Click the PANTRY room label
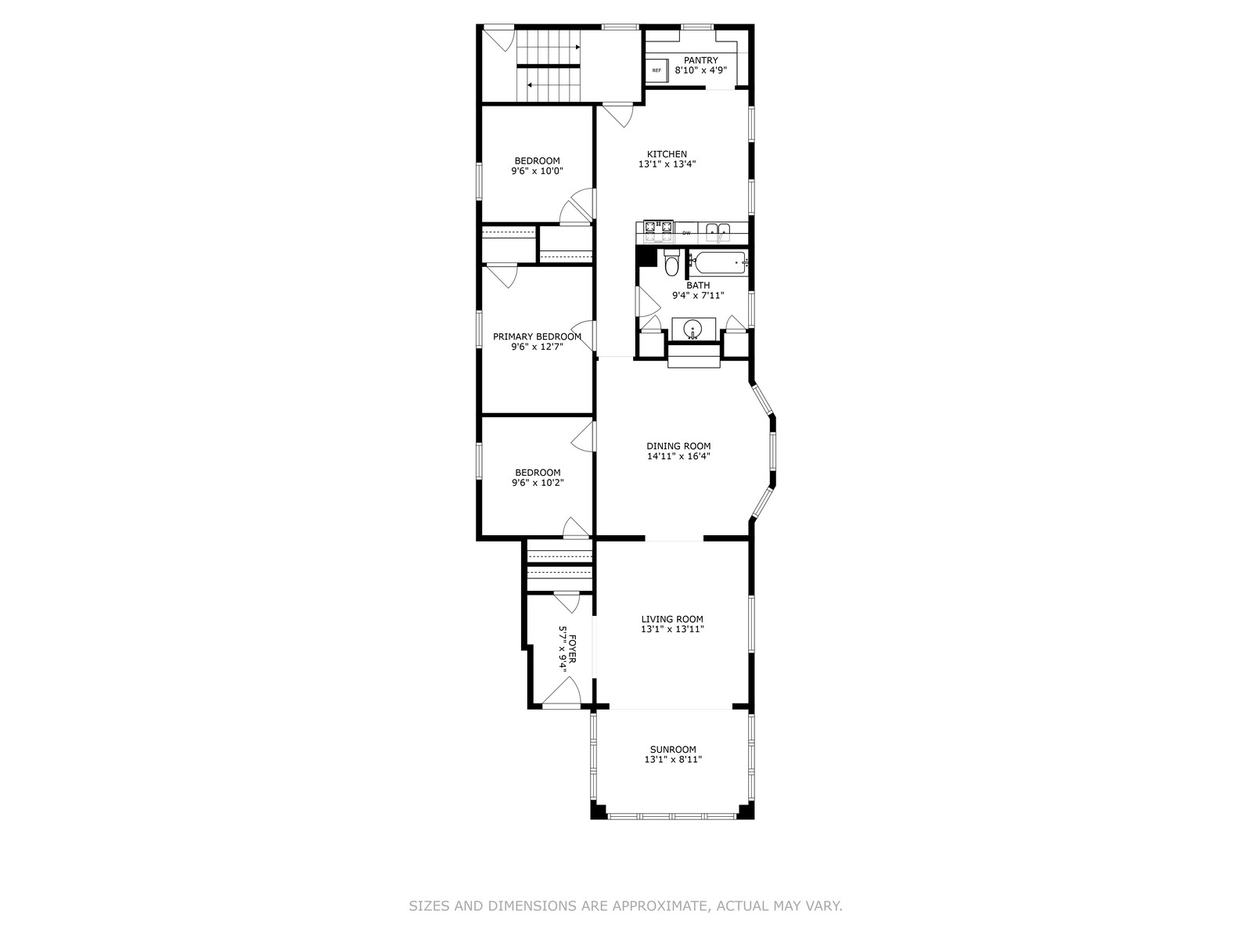coord(700,60)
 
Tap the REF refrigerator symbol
coord(657,70)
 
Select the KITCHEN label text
coord(667,154)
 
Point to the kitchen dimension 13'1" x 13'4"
coord(667,164)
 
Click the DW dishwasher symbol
coord(686,232)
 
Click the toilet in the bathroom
coord(671,261)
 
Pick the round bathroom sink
coord(693,329)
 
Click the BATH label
coord(698,285)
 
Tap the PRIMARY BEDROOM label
coord(538,336)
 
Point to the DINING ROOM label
coord(678,446)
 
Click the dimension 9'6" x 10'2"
coord(538,482)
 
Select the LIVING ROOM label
coord(672,619)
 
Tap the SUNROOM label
coord(673,749)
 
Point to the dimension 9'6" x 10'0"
coord(537,171)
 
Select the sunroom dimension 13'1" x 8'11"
coord(673,759)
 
